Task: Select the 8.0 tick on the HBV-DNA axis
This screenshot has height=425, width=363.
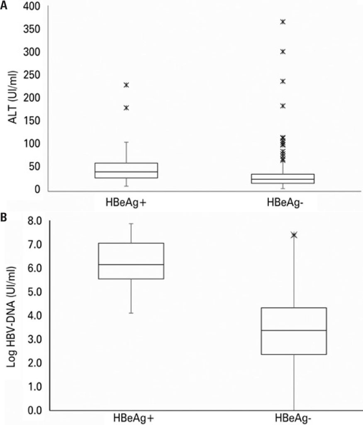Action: tap(35, 221)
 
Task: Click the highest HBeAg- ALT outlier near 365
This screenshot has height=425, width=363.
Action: tap(283, 22)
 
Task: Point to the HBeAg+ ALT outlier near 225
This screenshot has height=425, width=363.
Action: tap(127, 85)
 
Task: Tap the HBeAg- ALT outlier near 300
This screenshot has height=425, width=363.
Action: tap(283, 51)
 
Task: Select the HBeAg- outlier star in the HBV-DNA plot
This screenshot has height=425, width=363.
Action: tap(294, 235)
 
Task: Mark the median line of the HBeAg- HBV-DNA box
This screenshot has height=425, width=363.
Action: tap(294, 330)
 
